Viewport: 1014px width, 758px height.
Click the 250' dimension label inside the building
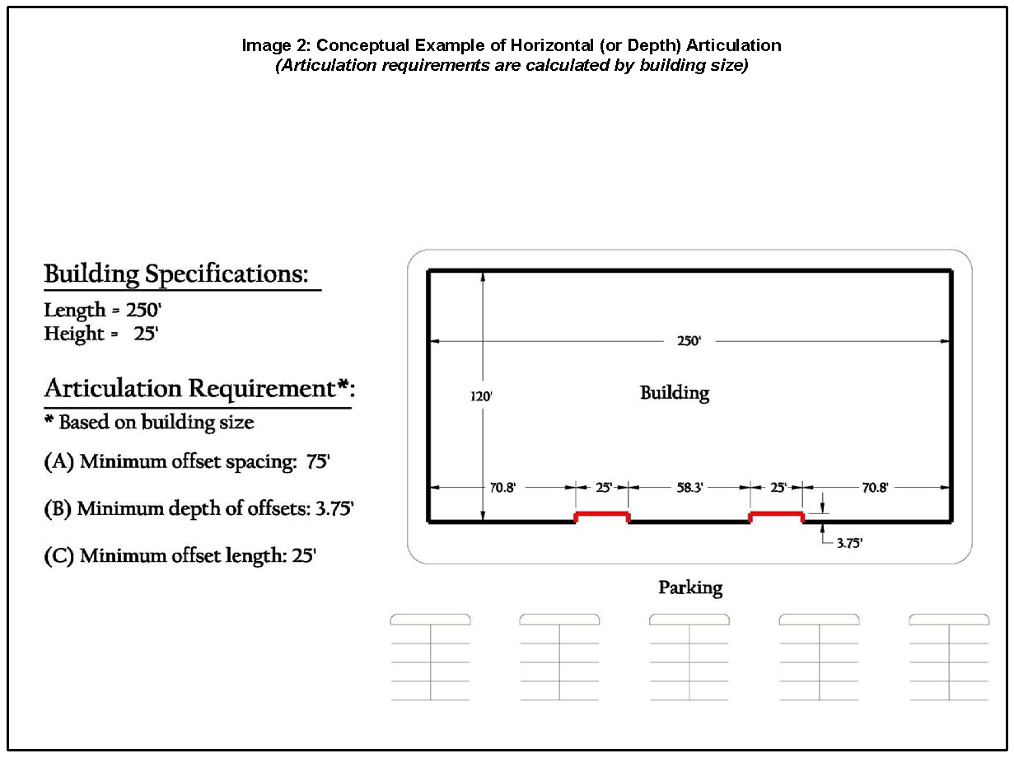pyautogui.click(x=689, y=341)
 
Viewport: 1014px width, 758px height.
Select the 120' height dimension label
pyautogui.click(x=481, y=395)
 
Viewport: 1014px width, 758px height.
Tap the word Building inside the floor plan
pyautogui.click(x=674, y=393)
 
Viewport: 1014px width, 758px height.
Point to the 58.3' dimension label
pyautogui.click(x=689, y=488)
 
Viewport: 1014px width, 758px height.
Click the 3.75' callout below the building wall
pyautogui.click(x=848, y=544)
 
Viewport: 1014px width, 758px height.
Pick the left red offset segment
pyautogui.click(x=601, y=516)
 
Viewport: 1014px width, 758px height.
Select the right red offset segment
pyautogui.click(x=775, y=516)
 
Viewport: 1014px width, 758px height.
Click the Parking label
pyautogui.click(x=689, y=588)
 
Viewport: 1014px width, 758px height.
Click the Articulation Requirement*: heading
pyautogui.click(x=198, y=388)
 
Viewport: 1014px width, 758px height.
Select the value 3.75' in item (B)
pyautogui.click(x=334, y=509)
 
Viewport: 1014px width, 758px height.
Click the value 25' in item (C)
pyautogui.click(x=304, y=556)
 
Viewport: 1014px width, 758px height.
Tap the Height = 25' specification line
pyautogui.click(x=100, y=335)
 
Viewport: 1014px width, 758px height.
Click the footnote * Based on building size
pyautogui.click(x=148, y=423)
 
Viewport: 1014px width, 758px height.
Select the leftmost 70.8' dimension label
pyautogui.click(x=502, y=488)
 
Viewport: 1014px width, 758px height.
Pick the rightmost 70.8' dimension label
pyautogui.click(x=875, y=488)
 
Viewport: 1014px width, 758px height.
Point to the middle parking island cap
pyautogui.click(x=689, y=619)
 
